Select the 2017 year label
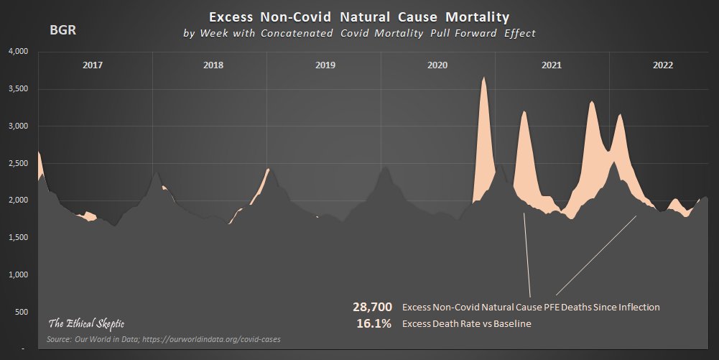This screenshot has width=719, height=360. tap(93, 65)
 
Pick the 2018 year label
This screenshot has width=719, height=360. tap(213, 65)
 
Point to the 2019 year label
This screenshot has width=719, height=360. tap(325, 65)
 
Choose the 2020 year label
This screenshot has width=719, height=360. tap(437, 65)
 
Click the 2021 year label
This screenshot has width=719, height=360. tap(551, 65)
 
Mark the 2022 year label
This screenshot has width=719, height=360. tap(663, 65)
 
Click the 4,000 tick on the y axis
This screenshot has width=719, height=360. tap(17, 52)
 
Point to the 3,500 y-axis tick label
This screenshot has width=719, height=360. tap(17, 89)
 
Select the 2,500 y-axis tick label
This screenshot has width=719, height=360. tap(17, 163)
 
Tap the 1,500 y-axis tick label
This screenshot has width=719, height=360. tap(17, 238)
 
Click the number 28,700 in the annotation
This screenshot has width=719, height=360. tap(372, 307)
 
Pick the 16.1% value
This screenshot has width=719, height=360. tap(374, 323)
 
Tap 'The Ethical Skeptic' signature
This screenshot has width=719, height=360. tap(86, 323)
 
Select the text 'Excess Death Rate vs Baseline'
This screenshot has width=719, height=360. tap(466, 324)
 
